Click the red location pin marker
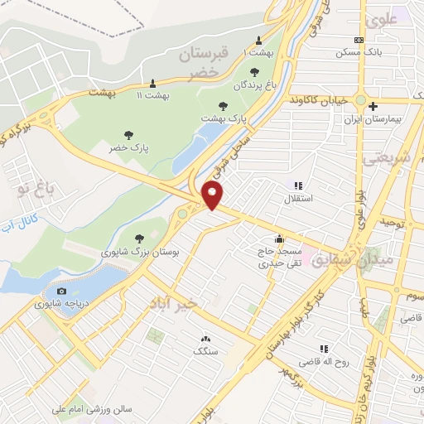click(x=213, y=195)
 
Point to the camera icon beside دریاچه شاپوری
click(x=61, y=291)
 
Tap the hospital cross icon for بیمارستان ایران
click(x=373, y=106)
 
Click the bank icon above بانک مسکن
click(x=359, y=39)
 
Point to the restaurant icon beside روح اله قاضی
click(x=324, y=349)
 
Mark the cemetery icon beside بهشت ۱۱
click(x=152, y=83)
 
